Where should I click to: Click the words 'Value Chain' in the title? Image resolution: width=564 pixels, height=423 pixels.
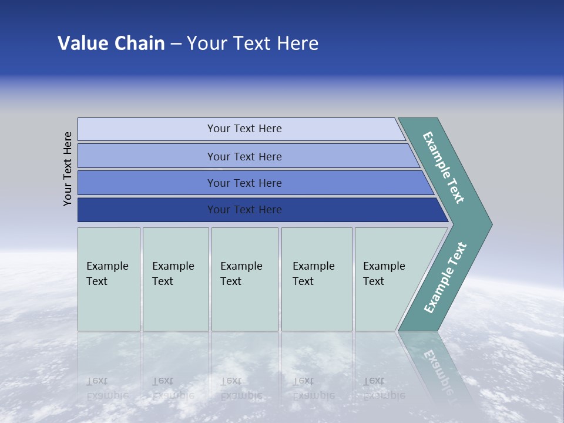[x=111, y=43]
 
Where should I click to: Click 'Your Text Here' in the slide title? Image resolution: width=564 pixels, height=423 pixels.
[x=253, y=43]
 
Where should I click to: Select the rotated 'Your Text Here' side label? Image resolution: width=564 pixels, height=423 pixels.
[x=68, y=169]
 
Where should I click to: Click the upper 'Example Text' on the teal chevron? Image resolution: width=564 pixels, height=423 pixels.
[x=444, y=167]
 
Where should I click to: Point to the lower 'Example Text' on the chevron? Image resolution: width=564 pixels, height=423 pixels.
[x=445, y=278]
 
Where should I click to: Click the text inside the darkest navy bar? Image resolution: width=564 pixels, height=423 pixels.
[x=244, y=210]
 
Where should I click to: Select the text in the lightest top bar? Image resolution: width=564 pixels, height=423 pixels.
[x=244, y=129]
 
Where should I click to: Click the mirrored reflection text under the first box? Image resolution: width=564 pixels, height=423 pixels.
[x=107, y=388]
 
